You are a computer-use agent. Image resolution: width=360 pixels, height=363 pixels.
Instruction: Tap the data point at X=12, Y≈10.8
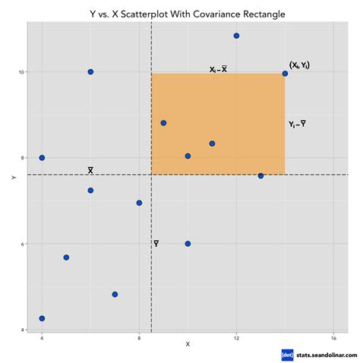(x=237, y=36)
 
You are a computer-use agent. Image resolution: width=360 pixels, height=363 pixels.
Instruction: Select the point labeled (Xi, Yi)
(x=285, y=74)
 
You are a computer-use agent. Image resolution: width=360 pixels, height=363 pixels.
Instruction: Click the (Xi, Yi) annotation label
(x=299, y=66)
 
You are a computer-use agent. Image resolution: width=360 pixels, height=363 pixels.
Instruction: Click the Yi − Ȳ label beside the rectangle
(x=298, y=124)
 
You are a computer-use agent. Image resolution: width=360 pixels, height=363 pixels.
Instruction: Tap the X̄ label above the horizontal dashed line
(x=90, y=170)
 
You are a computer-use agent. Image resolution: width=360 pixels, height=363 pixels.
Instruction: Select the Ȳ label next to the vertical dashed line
(x=156, y=244)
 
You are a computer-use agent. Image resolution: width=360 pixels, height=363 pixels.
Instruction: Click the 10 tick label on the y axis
(x=22, y=72)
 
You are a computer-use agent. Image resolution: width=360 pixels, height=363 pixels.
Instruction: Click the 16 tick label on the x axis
(x=333, y=336)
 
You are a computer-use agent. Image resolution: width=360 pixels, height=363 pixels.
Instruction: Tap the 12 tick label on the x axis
(x=237, y=336)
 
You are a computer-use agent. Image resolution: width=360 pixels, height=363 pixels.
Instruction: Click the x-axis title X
(x=188, y=346)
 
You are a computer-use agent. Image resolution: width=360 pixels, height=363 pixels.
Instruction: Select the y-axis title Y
(x=14, y=177)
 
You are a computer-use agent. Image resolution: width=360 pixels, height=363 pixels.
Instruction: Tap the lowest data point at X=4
(x=42, y=318)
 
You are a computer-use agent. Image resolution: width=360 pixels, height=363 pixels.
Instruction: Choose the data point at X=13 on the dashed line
(x=261, y=175)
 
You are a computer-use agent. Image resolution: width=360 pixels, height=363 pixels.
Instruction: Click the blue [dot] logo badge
(x=287, y=354)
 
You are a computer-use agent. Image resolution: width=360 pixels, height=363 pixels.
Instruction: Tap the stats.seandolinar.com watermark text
(x=323, y=354)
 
